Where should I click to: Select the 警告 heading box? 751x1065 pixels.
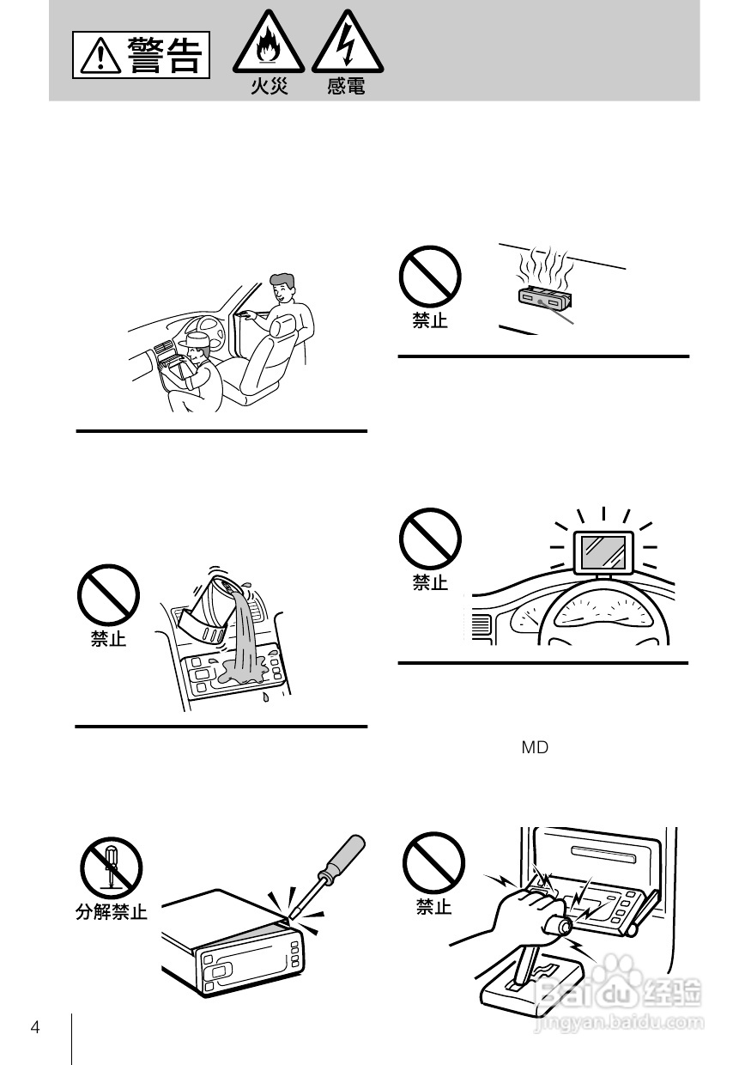point(141,55)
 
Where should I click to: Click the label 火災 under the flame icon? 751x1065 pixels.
point(270,87)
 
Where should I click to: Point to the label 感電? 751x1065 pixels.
point(346,87)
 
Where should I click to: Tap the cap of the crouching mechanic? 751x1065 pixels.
point(196,342)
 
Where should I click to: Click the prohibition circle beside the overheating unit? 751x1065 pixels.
point(430,277)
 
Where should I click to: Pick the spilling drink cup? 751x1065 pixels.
point(209,606)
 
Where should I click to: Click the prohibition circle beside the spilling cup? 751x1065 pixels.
point(109,594)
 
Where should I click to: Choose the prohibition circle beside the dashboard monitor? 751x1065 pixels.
point(430,539)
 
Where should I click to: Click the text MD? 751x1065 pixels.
point(535,748)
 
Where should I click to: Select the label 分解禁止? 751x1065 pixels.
point(112,912)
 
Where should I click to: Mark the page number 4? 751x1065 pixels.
point(35,1028)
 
